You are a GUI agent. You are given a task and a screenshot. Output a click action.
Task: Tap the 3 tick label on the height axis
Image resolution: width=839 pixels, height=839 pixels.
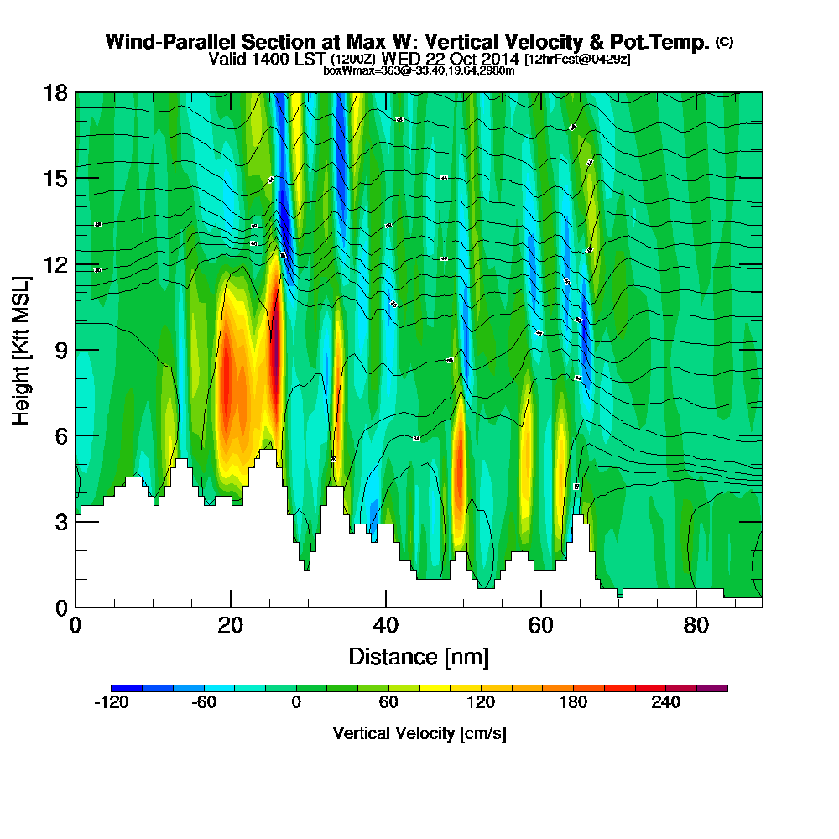60,522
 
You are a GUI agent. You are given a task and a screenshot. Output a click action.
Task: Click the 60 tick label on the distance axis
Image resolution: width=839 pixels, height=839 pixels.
541,626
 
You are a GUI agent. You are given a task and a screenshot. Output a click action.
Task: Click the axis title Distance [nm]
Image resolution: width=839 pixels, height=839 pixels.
419,656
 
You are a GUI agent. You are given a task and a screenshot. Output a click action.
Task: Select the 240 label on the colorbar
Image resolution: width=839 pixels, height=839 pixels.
665,703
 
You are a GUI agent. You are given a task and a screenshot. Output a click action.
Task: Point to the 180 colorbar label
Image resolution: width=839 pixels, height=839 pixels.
573,703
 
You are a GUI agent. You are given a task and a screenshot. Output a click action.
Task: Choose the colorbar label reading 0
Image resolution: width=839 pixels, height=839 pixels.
296,703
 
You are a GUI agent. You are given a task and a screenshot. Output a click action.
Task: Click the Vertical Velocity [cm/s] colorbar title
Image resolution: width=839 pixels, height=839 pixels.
419,733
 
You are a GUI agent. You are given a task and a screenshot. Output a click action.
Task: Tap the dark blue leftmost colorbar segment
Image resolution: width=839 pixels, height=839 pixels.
127,688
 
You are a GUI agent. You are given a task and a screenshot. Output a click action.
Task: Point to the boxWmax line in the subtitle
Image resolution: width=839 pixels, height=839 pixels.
419,70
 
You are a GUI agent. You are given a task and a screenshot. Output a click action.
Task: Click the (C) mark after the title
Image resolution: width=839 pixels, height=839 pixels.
724,42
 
